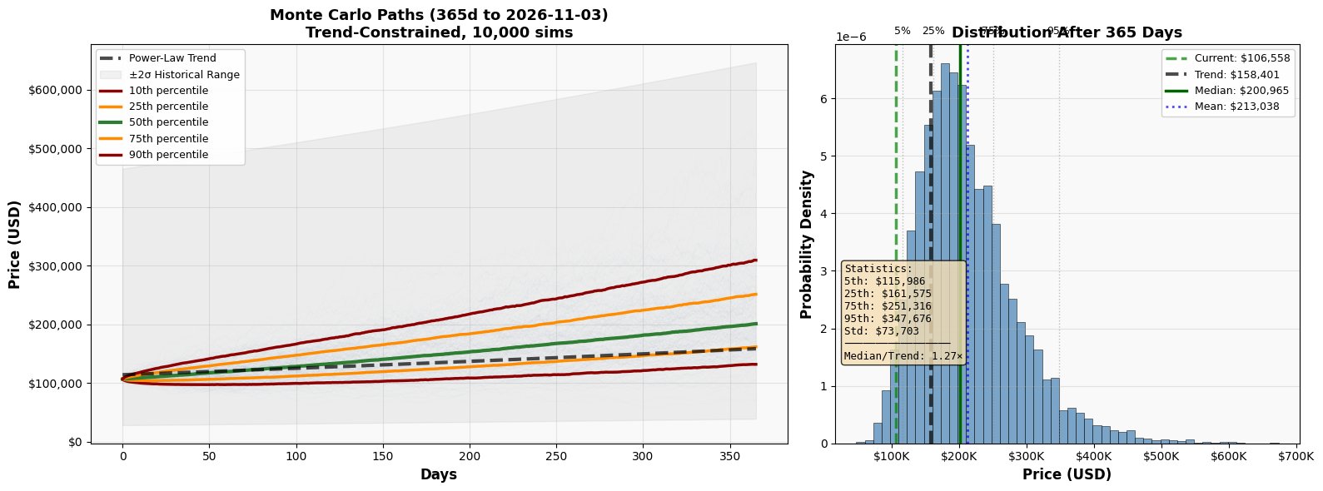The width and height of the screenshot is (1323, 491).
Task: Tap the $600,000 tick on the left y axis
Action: tap(57, 90)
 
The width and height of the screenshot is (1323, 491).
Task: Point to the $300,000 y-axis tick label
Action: tap(57, 266)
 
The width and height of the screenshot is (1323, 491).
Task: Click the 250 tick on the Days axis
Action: tap(555, 456)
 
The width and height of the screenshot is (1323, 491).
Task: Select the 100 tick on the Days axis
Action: tap(296, 456)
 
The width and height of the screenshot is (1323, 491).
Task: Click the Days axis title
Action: tap(438, 475)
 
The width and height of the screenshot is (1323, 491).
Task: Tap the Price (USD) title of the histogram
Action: tap(1067, 475)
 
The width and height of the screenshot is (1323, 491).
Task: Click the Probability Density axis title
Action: tap(806, 244)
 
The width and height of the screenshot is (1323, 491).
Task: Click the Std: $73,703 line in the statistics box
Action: tap(882, 331)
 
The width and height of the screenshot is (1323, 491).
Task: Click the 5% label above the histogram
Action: tap(902, 31)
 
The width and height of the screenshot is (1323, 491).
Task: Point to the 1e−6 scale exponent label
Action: tap(851, 37)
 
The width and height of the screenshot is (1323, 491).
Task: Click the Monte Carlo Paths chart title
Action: tap(439, 24)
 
